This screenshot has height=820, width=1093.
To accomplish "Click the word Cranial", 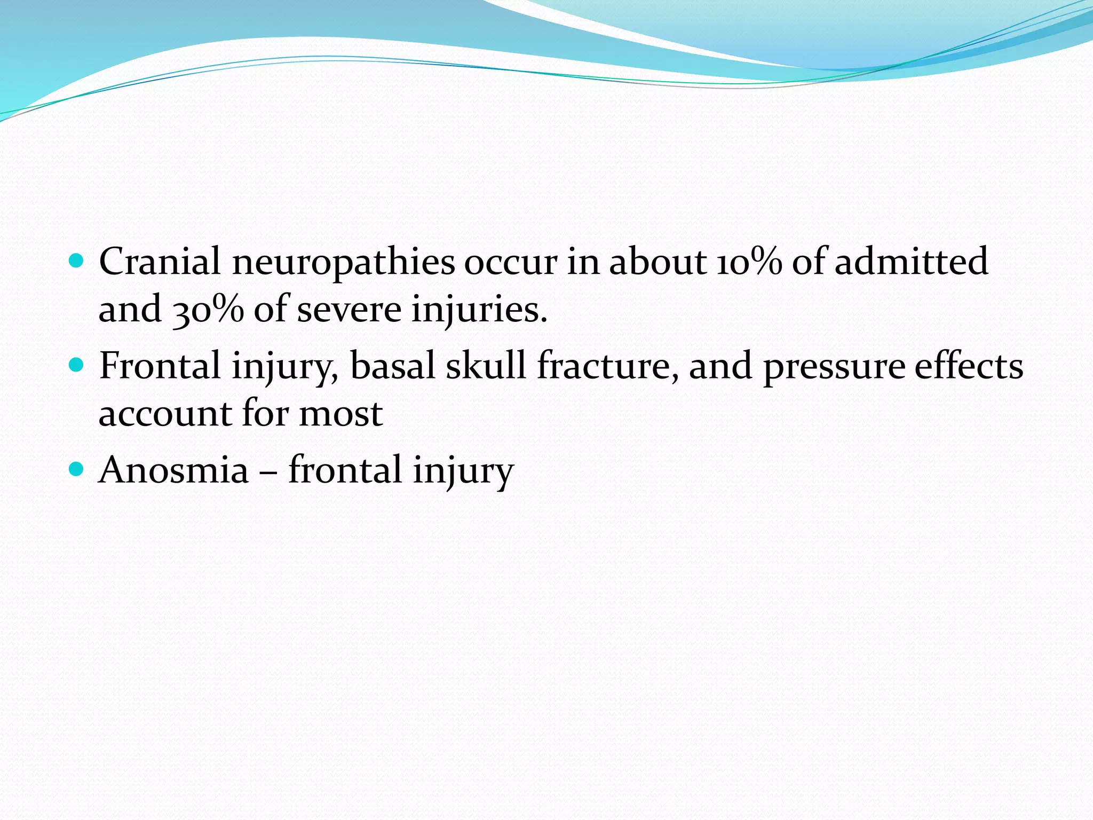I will pyautogui.click(x=160, y=262).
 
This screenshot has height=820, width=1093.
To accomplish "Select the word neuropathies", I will pyautogui.click(x=343, y=263).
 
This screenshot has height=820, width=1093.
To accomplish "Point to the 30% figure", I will pyautogui.click(x=208, y=310).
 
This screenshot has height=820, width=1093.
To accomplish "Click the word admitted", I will pyautogui.click(x=911, y=262).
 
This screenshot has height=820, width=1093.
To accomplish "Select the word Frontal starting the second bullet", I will pyautogui.click(x=160, y=366).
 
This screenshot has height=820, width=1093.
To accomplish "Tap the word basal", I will pyautogui.click(x=392, y=366).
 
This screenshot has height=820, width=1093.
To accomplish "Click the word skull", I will pyautogui.click(x=486, y=366).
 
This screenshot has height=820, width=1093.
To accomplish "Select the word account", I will pyautogui.click(x=165, y=415).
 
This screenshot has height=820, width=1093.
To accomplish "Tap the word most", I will pyautogui.click(x=340, y=415).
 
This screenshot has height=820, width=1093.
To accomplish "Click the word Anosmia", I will pyautogui.click(x=174, y=470).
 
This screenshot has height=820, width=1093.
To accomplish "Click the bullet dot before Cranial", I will pyautogui.click(x=77, y=261).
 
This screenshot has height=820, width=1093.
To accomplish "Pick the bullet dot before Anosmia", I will pyautogui.click(x=77, y=469).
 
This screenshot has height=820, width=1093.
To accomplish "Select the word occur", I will pyautogui.click(x=510, y=263).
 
